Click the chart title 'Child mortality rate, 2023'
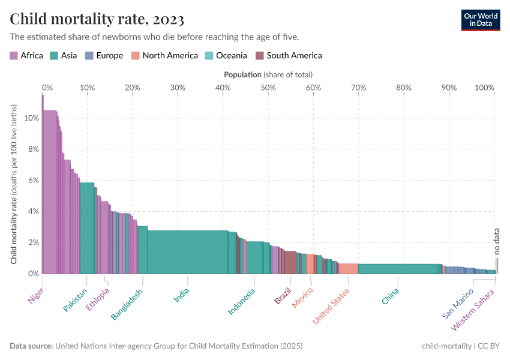[x=97, y=19]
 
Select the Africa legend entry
[x=26, y=56]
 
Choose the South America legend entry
[x=289, y=56]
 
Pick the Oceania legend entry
[x=226, y=56]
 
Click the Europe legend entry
[x=104, y=56]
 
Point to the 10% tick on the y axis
[x=31, y=118]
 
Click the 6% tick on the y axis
[x=31, y=181]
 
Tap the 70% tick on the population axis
[x=358, y=88]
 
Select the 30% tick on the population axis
[x=178, y=88]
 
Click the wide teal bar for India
[x=187, y=252]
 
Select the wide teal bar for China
[x=400, y=269]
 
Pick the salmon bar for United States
[x=349, y=269]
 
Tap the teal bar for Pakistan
[x=87, y=228]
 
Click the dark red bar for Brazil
[x=290, y=262]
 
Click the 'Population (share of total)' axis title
[x=268, y=75]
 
